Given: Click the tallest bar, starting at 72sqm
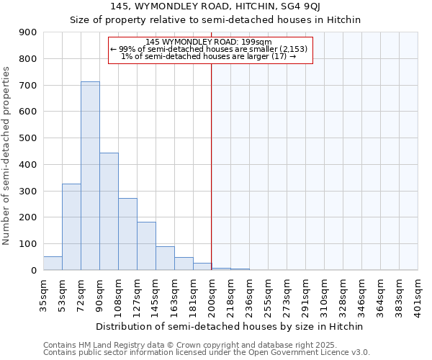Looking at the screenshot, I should pyautogui.click(x=90, y=176).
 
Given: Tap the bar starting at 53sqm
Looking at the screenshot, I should pyautogui.click(x=71, y=227).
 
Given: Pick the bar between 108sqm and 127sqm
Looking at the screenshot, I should pyautogui.click(x=127, y=234).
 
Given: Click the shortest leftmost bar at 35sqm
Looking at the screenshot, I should pyautogui.click(x=53, y=263).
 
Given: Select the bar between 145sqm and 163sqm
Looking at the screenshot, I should pyautogui.click(x=165, y=258).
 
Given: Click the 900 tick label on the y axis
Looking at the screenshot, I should pyautogui.click(x=27, y=32).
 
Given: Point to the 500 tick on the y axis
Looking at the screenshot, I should pyautogui.click(x=27, y=138).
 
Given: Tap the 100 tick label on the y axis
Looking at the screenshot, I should pyautogui.click(x=27, y=244).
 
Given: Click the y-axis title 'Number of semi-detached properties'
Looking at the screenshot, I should pyautogui.click(x=7, y=156).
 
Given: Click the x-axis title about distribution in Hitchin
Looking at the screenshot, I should pyautogui.click(x=230, y=326).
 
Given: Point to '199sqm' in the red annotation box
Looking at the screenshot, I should pyautogui.click(x=256, y=42).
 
